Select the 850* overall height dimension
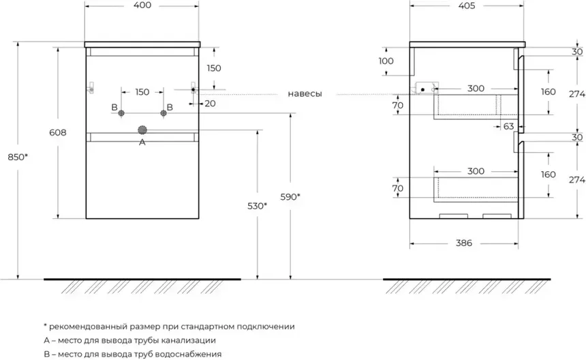pyautogui.click(x=17, y=157)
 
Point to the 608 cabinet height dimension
pyautogui.click(x=57, y=133)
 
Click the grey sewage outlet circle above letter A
pyautogui.click(x=142, y=130)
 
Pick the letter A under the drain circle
pyautogui.click(x=142, y=142)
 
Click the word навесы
pyautogui.click(x=305, y=93)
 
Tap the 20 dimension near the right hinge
pyautogui.click(x=209, y=104)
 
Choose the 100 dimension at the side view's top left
pyautogui.click(x=386, y=61)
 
